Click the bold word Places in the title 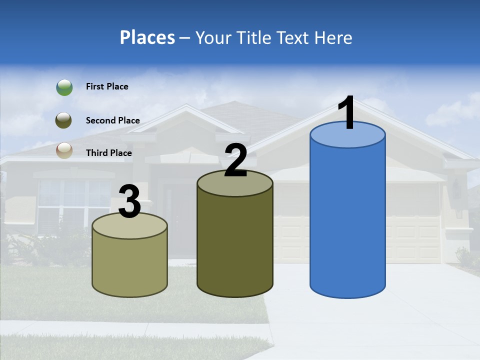point(147,37)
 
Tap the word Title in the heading point(253,37)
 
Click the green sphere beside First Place point(64,87)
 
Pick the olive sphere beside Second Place point(64,120)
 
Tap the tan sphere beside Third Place point(64,150)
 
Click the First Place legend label point(107,86)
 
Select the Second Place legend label point(112,120)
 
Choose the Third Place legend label point(109,153)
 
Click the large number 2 point(235,160)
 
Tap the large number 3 point(129,201)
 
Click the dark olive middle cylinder point(235,240)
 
